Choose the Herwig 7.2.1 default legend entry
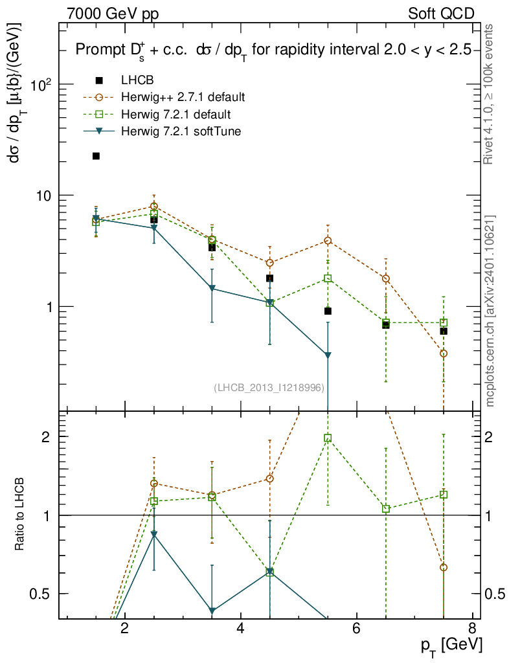pyautogui.click(x=175, y=115)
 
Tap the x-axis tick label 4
pyautogui.click(x=240, y=628)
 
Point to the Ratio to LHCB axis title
pyautogui.click(x=21, y=514)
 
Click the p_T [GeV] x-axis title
pyautogui.click(x=451, y=646)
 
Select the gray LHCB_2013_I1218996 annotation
pyautogui.click(x=269, y=387)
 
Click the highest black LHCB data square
pyautogui.click(x=96, y=156)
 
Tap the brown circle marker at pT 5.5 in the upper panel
pyautogui.click(x=328, y=241)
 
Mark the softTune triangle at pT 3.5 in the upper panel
pyautogui.click(x=212, y=289)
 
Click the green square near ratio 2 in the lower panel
pyautogui.click(x=328, y=438)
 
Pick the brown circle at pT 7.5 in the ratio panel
pyautogui.click(x=444, y=567)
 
